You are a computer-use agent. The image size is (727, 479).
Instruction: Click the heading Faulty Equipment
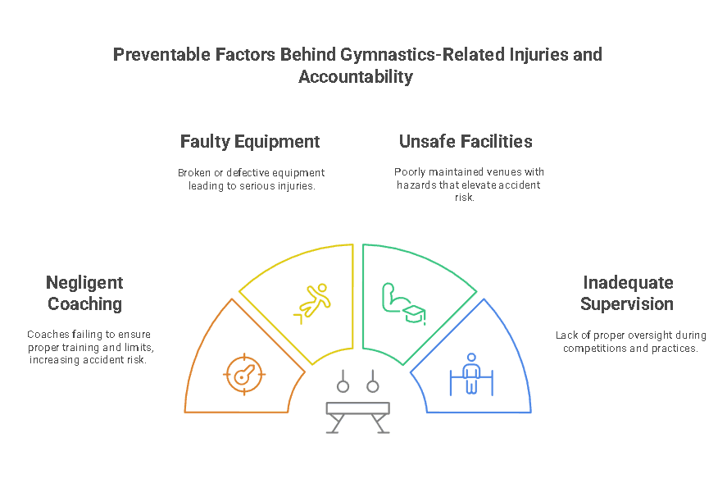tap(250, 142)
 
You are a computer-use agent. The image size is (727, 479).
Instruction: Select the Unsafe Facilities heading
tap(466, 142)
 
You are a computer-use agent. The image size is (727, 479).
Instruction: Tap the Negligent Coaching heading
tap(85, 293)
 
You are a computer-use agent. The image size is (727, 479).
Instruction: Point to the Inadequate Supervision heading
tap(627, 293)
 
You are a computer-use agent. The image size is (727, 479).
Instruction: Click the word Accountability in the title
tap(356, 76)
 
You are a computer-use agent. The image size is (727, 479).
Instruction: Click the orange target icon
tap(244, 375)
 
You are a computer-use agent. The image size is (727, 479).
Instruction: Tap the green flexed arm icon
tap(394, 298)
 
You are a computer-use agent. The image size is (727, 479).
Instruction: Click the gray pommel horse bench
tap(358, 417)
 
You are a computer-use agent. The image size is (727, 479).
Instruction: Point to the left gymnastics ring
tap(343, 386)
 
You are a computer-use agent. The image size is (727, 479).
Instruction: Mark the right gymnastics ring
tap(373, 386)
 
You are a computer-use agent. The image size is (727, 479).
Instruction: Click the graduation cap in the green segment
tap(414, 314)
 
